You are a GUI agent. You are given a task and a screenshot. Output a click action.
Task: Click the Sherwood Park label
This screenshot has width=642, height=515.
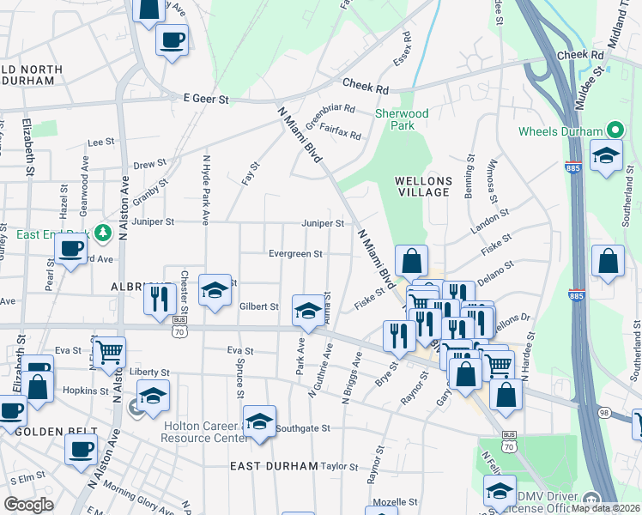pyautogui.click(x=402, y=119)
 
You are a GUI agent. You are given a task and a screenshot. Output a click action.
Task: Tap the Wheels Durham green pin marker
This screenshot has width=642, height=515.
pyautogui.click(x=615, y=130)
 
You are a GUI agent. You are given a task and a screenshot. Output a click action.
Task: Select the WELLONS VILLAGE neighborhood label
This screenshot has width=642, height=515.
pyautogui.click(x=421, y=186)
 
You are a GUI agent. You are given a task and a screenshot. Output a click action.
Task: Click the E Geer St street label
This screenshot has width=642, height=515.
pyautogui.click(x=207, y=100)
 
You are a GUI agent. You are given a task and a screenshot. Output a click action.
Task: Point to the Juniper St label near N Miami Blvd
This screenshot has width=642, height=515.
pyautogui.click(x=323, y=223)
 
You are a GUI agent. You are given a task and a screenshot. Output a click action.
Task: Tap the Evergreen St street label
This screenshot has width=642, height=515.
pyautogui.click(x=294, y=254)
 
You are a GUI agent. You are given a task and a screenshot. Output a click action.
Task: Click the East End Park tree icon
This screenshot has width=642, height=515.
pyautogui.click(x=102, y=232)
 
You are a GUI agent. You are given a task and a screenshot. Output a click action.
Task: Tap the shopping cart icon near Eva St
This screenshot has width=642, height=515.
pyautogui.click(x=109, y=350)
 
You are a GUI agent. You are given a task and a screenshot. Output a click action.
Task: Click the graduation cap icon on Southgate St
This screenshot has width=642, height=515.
pyautogui.click(x=259, y=421)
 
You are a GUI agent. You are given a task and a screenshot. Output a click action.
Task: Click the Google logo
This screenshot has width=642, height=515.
pyautogui.click(x=28, y=504)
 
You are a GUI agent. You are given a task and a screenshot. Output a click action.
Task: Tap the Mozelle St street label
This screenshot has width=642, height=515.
pyautogui.click(x=395, y=501)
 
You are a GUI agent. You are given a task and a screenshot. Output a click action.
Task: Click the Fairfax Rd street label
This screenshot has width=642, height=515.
pyautogui.click(x=340, y=130)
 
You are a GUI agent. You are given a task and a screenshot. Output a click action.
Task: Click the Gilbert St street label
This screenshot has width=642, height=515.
pyautogui.click(x=259, y=306)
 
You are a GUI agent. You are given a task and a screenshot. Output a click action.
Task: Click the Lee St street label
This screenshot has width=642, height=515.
pyautogui.click(x=100, y=142)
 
